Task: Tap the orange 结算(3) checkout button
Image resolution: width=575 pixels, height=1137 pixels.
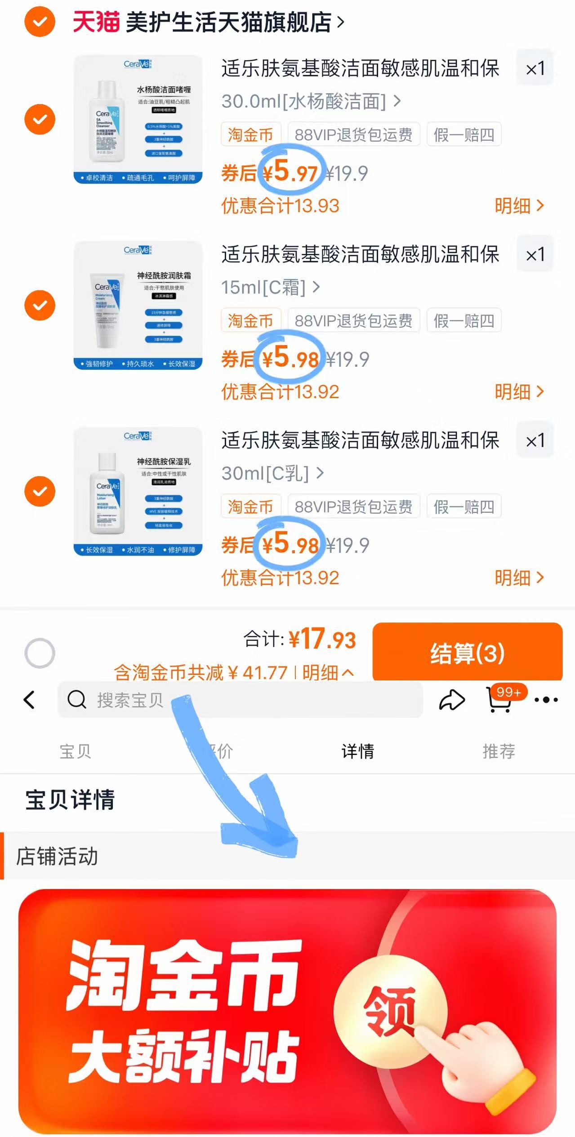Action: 467,653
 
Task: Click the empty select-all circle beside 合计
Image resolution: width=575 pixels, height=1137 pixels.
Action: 40,653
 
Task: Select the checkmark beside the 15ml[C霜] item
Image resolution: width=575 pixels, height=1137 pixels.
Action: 40,305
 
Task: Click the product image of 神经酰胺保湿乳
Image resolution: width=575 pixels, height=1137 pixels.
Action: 138,491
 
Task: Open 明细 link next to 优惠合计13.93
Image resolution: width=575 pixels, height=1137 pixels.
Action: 519,206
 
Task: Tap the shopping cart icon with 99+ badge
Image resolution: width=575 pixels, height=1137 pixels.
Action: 500,700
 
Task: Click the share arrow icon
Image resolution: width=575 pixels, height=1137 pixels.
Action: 451,700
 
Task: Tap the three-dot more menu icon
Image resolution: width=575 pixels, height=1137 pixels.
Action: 546,700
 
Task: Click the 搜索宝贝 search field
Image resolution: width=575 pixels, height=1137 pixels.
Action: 240,700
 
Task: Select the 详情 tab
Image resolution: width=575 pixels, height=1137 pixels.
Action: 357,751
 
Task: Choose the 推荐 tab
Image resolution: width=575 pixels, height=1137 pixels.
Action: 499,751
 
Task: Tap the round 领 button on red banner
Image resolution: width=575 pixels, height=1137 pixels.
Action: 390,1011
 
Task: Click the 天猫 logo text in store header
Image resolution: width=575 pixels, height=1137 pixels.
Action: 96,22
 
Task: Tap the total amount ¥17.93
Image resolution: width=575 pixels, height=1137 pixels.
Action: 322,639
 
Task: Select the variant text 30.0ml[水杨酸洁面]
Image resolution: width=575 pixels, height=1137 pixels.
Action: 304,102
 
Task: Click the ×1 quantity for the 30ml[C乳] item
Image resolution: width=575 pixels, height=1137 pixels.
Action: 535,440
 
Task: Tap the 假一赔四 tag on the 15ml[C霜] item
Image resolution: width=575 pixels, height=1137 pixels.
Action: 464,321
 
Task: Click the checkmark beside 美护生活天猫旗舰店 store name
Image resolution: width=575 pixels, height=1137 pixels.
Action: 40,22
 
